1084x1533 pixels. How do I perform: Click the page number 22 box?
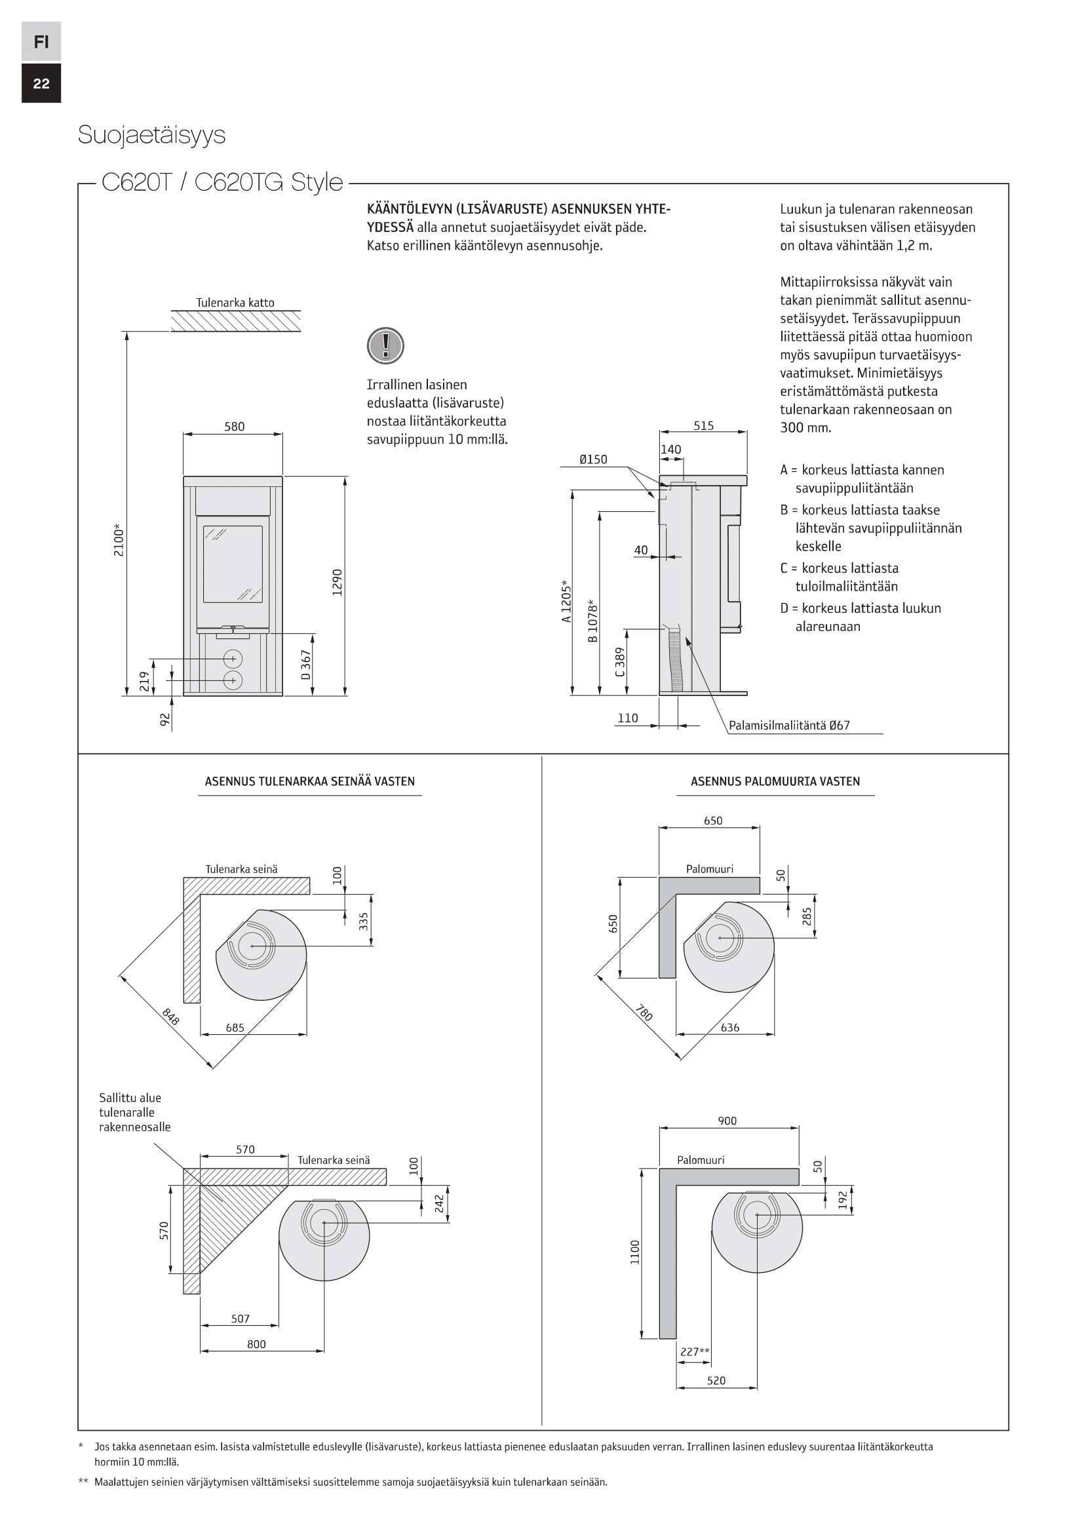click(x=41, y=83)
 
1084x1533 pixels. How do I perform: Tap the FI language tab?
click(x=41, y=41)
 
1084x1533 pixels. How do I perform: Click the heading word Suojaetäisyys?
click(x=151, y=135)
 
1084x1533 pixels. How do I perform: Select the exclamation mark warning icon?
click(x=385, y=346)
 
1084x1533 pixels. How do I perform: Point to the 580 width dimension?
click(x=234, y=427)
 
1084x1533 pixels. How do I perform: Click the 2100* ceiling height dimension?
click(x=119, y=540)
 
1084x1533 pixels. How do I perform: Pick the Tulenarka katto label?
click(x=235, y=302)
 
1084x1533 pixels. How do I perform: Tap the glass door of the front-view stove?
click(x=233, y=564)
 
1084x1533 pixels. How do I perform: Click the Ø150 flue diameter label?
click(x=592, y=459)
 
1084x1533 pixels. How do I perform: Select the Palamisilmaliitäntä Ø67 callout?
click(x=789, y=726)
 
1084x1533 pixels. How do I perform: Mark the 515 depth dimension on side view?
click(x=703, y=426)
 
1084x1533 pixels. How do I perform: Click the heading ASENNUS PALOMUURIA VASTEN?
click(x=775, y=781)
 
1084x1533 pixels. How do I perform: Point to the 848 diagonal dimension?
click(x=170, y=1017)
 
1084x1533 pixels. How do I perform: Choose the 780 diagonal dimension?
click(x=644, y=1013)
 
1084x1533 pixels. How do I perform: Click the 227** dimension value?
click(x=694, y=1352)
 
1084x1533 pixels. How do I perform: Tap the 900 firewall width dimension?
click(x=727, y=1121)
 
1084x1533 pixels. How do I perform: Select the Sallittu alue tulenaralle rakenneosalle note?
click(x=134, y=1112)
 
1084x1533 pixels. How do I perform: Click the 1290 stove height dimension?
click(x=337, y=582)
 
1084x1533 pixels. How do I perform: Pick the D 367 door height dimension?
click(x=305, y=665)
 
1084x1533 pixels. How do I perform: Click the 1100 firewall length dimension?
click(x=635, y=1252)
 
